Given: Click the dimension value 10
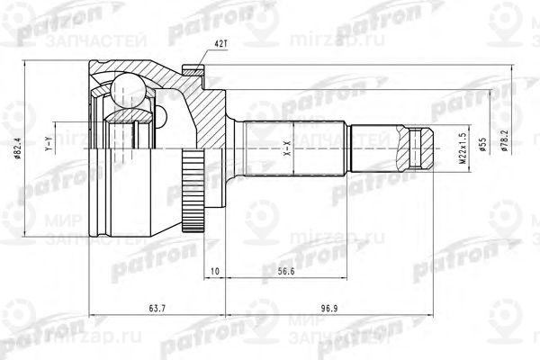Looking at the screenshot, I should click(214, 271).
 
